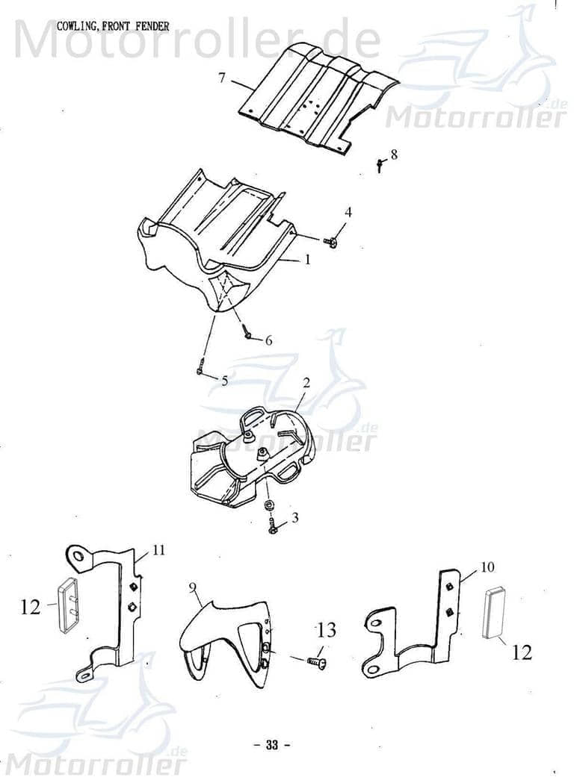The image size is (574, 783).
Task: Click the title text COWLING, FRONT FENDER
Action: [x=113, y=26]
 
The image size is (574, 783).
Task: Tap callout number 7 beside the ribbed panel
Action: [x=222, y=78]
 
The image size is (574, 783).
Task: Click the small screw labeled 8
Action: [x=380, y=164]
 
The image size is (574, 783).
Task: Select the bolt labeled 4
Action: [x=330, y=240]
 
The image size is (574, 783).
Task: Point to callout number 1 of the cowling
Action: [x=306, y=260]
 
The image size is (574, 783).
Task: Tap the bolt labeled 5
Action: [x=200, y=369]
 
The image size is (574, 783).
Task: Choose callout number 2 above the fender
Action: [x=306, y=383]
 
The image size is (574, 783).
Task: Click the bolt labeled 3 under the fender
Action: [x=273, y=528]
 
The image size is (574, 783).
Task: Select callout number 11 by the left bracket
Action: [x=158, y=551]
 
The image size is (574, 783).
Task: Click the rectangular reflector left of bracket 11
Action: [x=70, y=605]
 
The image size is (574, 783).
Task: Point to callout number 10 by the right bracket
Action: [x=487, y=567]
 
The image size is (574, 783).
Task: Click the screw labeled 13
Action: [x=315, y=661]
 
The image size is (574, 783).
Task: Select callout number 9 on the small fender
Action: [x=193, y=589]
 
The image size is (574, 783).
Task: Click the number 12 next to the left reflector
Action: [x=31, y=608]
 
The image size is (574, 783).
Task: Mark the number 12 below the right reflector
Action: [x=522, y=653]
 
